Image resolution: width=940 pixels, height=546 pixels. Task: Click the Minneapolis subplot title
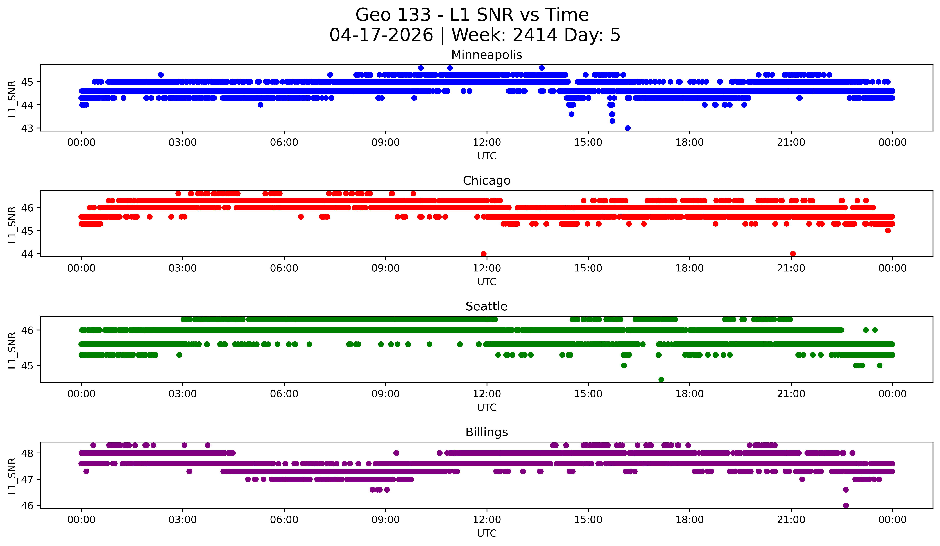486,55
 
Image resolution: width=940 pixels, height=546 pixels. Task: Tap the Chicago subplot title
486,181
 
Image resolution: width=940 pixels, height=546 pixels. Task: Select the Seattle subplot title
486,306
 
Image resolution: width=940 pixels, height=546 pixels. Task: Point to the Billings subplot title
486,432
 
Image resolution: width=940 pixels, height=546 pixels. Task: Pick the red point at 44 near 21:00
793,254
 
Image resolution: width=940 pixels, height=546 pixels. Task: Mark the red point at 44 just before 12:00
484,254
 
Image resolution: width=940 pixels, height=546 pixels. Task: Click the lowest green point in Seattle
661,379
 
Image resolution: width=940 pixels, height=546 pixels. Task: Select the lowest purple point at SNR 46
846,505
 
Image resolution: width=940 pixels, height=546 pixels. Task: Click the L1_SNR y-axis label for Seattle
12,350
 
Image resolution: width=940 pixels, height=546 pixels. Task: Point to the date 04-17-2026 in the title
381,35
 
